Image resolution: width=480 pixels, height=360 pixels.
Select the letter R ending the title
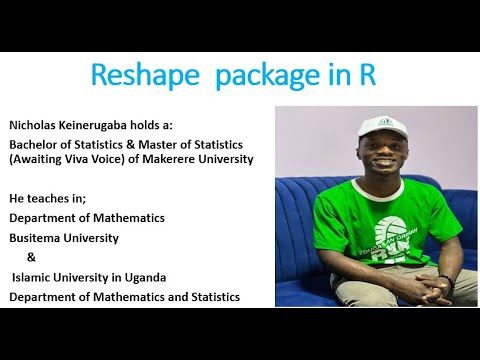coord(367,76)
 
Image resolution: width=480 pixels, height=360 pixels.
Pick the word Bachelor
coord(36,145)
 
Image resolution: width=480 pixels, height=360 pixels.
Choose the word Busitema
coord(36,238)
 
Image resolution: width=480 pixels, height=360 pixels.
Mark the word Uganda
coord(142,276)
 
